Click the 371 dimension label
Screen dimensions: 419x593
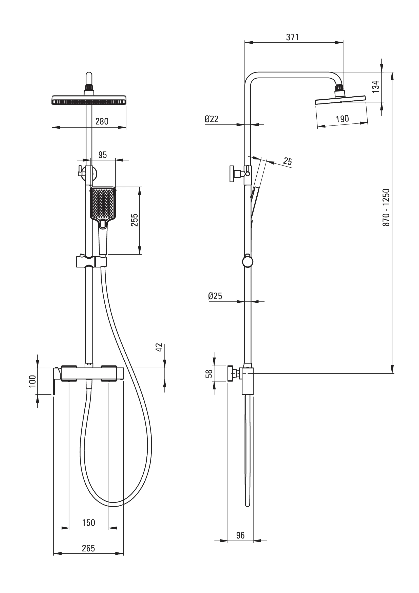(292, 38)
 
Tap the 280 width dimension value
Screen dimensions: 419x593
(102, 121)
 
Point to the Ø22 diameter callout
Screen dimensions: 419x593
(211, 119)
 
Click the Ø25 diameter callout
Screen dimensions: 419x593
(215, 296)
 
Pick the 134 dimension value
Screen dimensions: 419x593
(376, 87)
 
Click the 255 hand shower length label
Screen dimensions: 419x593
(135, 220)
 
